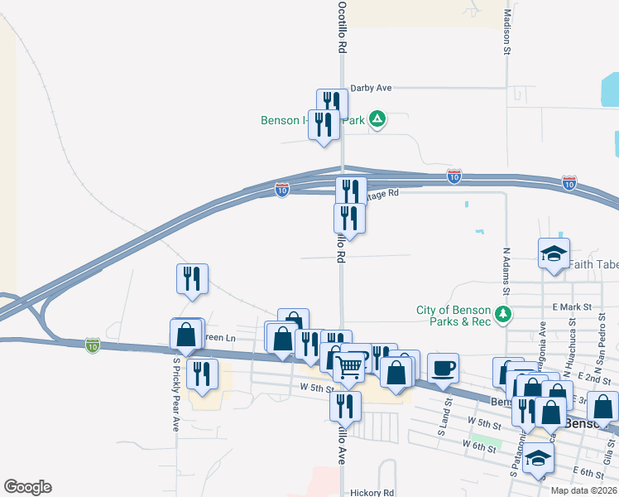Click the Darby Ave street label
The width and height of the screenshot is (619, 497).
pyautogui.click(x=371, y=87)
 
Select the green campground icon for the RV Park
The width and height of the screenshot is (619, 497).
pyautogui.click(x=377, y=120)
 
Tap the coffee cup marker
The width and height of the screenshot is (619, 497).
pyautogui.click(x=443, y=367)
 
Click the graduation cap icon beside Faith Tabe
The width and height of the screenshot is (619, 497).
pyautogui.click(x=553, y=252)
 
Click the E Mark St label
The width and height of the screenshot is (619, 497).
pyautogui.click(x=575, y=306)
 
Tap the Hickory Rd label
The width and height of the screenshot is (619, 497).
pyautogui.click(x=372, y=492)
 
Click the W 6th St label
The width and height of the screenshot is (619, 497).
pyautogui.click(x=479, y=446)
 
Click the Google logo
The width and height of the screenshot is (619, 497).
pyautogui.click(x=27, y=487)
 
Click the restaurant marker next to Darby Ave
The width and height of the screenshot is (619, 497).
pyautogui.click(x=332, y=103)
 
